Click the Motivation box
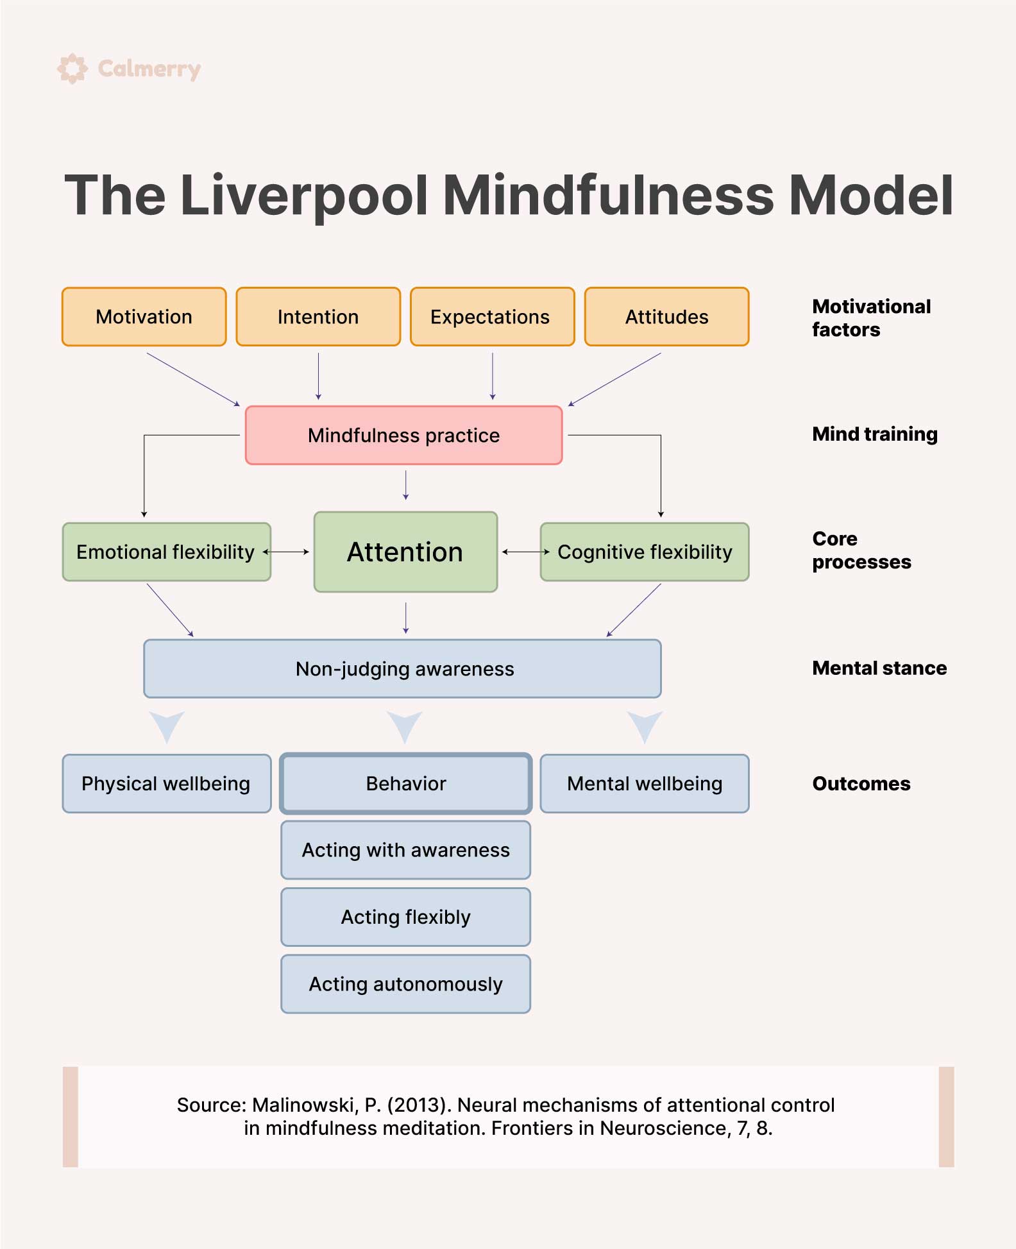pyautogui.click(x=144, y=317)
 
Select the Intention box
pyautogui.click(x=318, y=317)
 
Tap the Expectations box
pyautogui.click(x=493, y=317)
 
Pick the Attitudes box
pyautogui.click(x=667, y=317)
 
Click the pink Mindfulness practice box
pyautogui.click(x=404, y=435)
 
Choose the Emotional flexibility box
pyautogui.click(x=167, y=552)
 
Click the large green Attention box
pyautogui.click(x=405, y=552)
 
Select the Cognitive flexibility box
pyautogui.click(x=645, y=552)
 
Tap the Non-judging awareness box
pyautogui.click(x=402, y=668)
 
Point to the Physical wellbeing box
pyautogui.click(x=167, y=784)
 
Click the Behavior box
pyautogui.click(x=406, y=784)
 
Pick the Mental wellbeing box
pyautogui.click(x=645, y=784)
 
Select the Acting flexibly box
pyautogui.click(x=406, y=917)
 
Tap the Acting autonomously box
pyautogui.click(x=406, y=984)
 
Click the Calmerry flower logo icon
pyautogui.click(x=72, y=69)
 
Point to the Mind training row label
pyautogui.click(x=875, y=434)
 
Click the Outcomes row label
pyautogui.click(x=861, y=784)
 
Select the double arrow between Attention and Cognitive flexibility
pyautogui.click(x=526, y=552)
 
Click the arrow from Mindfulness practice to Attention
pyautogui.click(x=405, y=486)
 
